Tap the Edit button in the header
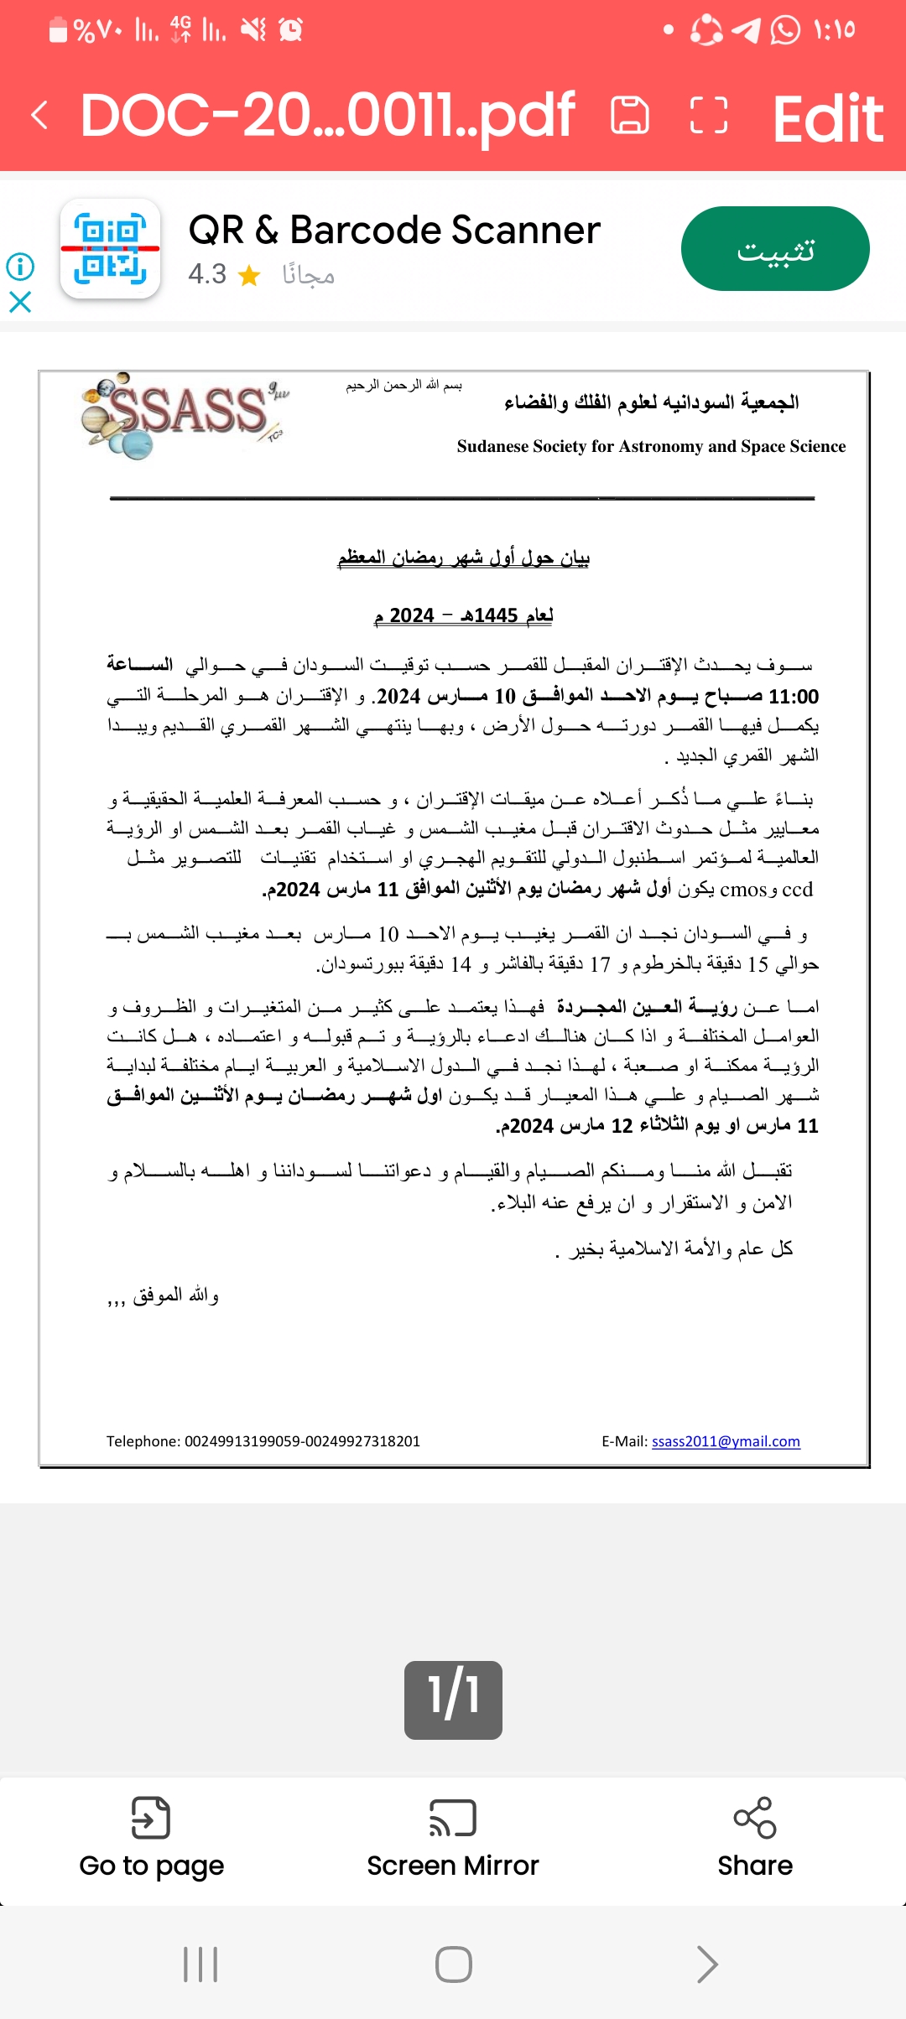[x=827, y=117]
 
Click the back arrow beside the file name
[x=39, y=116]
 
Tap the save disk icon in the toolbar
[x=630, y=116]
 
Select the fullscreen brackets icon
[x=708, y=116]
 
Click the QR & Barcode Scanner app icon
[x=110, y=249]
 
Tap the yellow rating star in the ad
[x=249, y=275]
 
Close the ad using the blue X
[x=20, y=302]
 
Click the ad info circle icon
[x=20, y=267]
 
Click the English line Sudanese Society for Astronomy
[x=651, y=446]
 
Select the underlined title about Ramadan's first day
[x=463, y=558]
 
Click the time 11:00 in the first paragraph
[x=794, y=697]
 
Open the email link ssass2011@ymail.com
[x=726, y=1441]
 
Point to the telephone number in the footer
[x=302, y=1441]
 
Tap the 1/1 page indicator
[x=453, y=1700]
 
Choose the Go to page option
[x=151, y=1837]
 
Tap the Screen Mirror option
[x=453, y=1837]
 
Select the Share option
[x=755, y=1837]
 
